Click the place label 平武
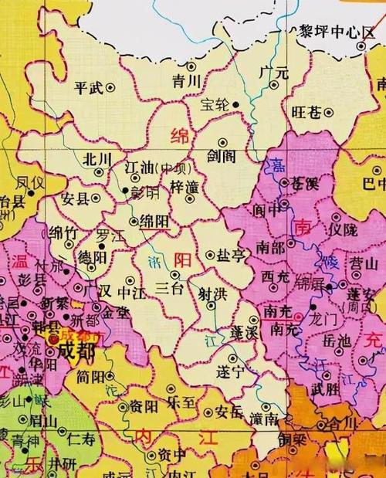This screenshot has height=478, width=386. pyautogui.click(x=89, y=87)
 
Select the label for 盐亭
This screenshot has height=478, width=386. pyautogui.click(x=232, y=255)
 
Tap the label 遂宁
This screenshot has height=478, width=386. pyautogui.click(x=229, y=371)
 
